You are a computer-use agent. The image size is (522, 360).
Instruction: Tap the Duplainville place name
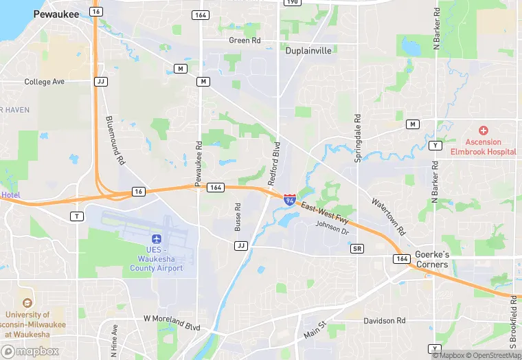click(x=308, y=51)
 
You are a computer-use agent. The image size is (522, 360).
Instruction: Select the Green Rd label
click(x=245, y=41)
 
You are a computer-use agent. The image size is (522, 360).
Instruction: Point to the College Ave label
click(x=44, y=82)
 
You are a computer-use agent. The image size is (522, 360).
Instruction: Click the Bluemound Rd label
click(x=115, y=140)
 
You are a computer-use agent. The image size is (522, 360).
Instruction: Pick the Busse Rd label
click(x=238, y=216)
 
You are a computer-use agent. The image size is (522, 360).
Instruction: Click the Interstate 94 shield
click(x=291, y=199)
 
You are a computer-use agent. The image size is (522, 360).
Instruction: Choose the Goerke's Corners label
click(x=431, y=259)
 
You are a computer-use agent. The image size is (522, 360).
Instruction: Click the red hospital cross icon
click(x=483, y=131)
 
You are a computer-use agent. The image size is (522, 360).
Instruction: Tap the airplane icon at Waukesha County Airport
click(x=157, y=239)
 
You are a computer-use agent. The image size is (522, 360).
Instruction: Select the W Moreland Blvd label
click(x=171, y=320)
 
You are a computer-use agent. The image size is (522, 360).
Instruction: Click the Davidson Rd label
click(x=384, y=321)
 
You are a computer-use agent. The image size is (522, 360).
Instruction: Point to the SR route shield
click(x=356, y=248)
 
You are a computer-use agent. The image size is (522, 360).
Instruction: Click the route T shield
click(x=77, y=216)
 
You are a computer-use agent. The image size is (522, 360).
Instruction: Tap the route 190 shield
click(x=292, y=2)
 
